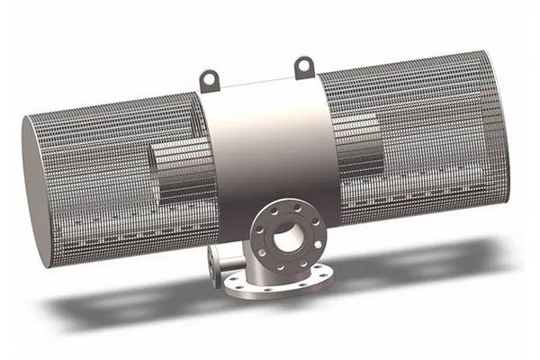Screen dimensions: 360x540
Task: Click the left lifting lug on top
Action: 211,79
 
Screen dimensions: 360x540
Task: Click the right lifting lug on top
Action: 303,65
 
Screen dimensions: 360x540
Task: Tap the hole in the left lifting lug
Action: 211,77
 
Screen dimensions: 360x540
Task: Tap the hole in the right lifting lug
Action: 303,63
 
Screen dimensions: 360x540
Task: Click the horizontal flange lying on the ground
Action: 270,284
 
